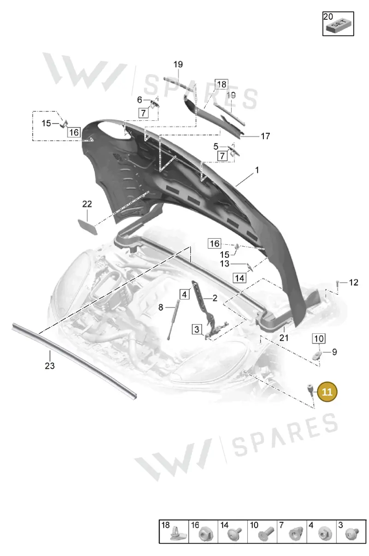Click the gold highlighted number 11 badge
click(327, 392)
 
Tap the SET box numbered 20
click(338, 24)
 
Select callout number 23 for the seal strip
click(50, 366)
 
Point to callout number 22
click(87, 204)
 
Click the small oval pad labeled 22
click(88, 226)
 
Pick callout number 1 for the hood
click(257, 170)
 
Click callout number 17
click(265, 136)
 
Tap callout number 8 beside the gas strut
click(161, 308)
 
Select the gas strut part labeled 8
click(173, 319)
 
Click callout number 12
click(353, 283)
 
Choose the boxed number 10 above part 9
click(319, 338)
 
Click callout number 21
click(284, 337)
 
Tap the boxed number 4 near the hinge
click(184, 295)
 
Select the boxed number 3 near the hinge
click(196, 329)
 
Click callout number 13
click(225, 264)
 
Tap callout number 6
click(140, 100)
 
